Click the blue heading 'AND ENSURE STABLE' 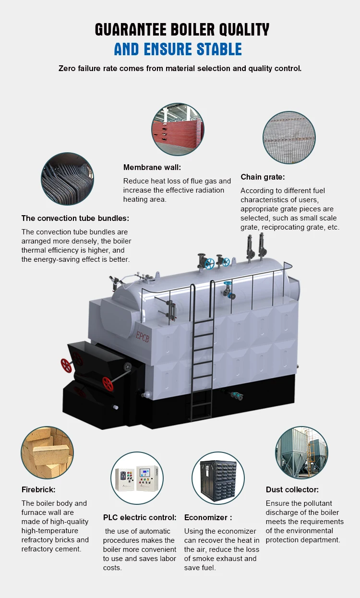click(x=178, y=49)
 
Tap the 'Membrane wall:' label click(x=152, y=168)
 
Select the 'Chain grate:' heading click(x=263, y=177)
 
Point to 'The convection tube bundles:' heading click(x=75, y=218)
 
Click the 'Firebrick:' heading click(x=38, y=490)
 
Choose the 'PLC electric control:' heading click(x=140, y=517)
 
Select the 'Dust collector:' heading click(x=292, y=490)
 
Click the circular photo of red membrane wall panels click(x=178, y=129)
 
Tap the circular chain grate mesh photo click(x=289, y=137)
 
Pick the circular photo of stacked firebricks click(x=47, y=452)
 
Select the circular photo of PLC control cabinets click(x=137, y=478)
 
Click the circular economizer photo click(x=218, y=478)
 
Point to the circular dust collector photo click(x=301, y=452)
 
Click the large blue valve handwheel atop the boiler click(x=209, y=263)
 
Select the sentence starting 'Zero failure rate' click(x=180, y=68)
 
